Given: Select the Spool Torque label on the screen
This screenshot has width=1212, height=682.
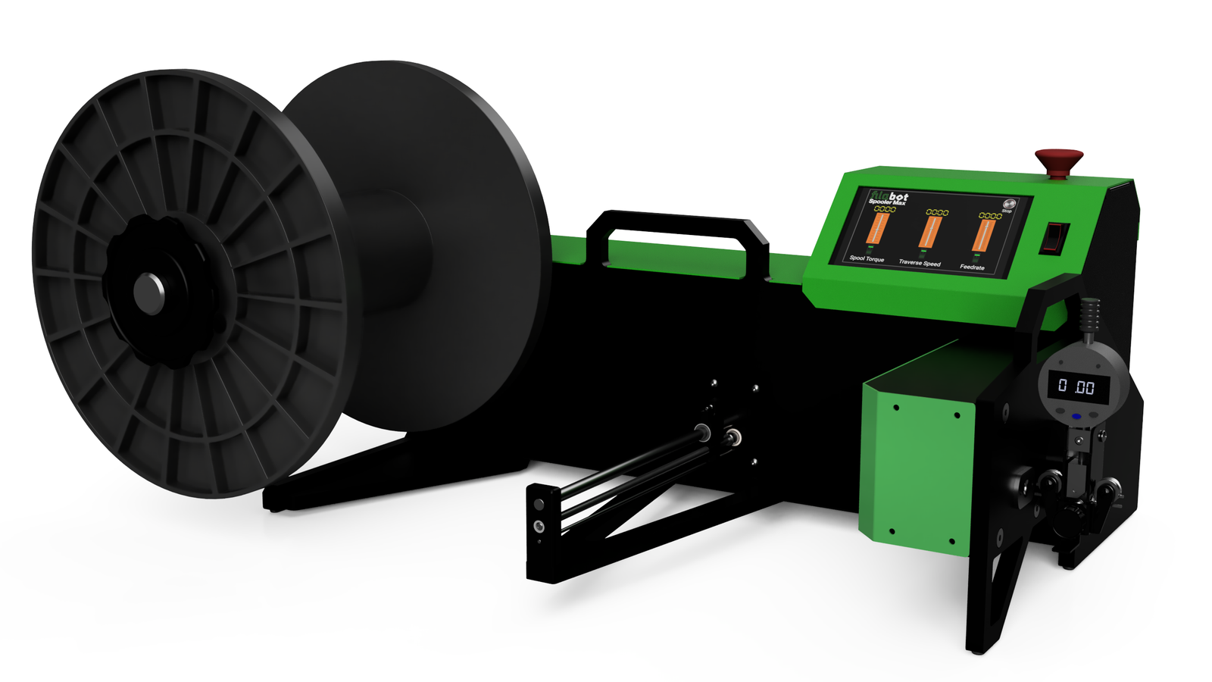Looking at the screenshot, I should click(867, 259).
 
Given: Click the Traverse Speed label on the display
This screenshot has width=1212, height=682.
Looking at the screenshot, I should click(920, 263).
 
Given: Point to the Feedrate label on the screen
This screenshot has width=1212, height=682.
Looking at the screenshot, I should click(972, 267).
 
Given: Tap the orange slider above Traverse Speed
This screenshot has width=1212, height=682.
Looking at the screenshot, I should click(930, 232).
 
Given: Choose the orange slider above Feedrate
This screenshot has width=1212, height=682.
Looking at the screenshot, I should click(984, 236).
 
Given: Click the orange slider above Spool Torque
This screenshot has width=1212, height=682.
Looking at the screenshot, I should click(879, 228).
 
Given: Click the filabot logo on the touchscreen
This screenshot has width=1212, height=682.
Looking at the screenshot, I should click(889, 197).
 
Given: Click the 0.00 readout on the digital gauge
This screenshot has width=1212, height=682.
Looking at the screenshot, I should click(1076, 386).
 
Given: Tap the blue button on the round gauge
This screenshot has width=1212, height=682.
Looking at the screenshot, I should click(1076, 415).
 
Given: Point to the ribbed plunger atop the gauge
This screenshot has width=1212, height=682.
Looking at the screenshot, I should click(1090, 313).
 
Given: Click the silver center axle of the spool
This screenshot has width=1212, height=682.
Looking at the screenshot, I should click(148, 291).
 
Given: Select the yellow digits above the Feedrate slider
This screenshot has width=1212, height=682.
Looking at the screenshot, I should click(990, 215).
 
